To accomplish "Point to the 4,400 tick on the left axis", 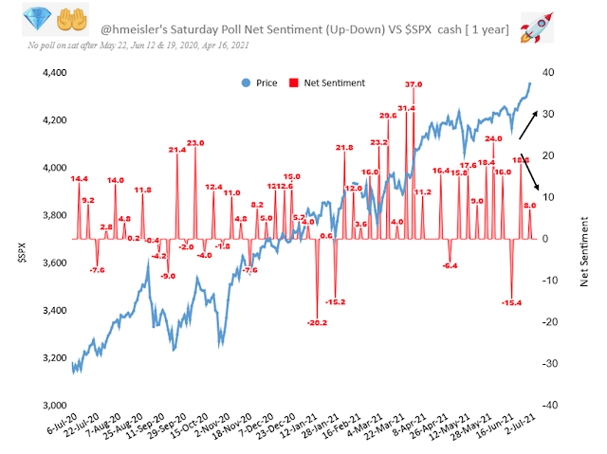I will tap(54, 72).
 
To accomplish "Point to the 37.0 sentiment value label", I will tap(414, 85).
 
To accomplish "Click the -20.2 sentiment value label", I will tap(318, 323).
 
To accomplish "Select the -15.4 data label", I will tap(512, 302).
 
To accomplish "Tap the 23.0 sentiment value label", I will tap(195, 142).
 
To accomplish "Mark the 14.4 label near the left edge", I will tap(79, 177).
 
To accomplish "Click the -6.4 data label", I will tap(450, 265).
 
